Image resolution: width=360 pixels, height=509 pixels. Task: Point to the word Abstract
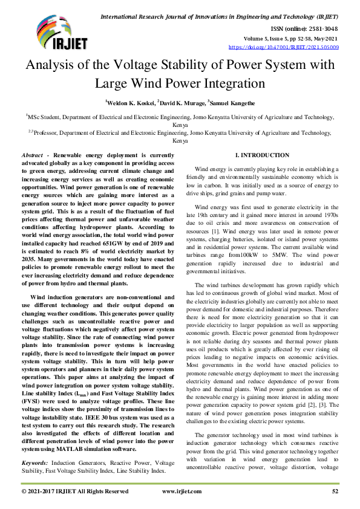point(48,155)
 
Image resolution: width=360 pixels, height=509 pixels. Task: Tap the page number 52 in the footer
point(335,491)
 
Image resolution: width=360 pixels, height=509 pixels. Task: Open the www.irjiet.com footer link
point(181,491)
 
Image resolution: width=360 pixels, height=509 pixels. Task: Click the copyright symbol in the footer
point(24,491)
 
